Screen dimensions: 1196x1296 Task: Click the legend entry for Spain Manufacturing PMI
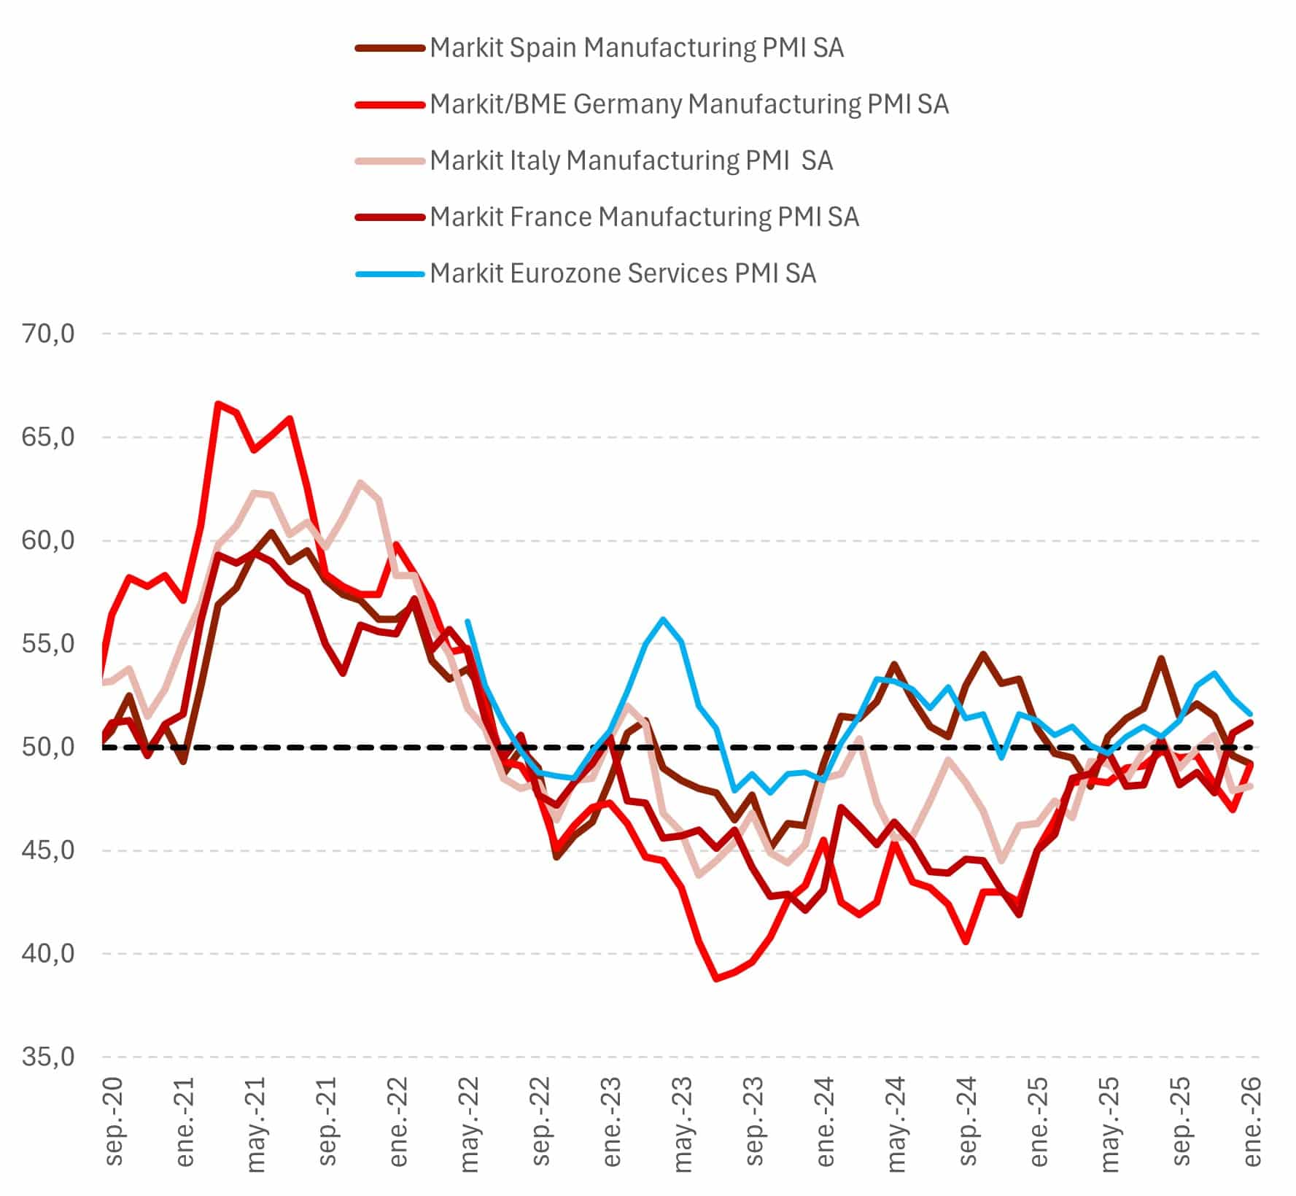pos(636,48)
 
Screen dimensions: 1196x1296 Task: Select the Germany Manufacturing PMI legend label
pos(688,104)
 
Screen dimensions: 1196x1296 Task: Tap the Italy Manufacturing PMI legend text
pos(631,160)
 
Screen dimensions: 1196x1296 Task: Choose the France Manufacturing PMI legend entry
pos(644,217)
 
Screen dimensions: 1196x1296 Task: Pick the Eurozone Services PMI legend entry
pos(622,273)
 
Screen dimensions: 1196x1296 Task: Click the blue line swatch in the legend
pos(389,274)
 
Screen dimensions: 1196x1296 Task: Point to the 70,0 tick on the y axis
pos(48,334)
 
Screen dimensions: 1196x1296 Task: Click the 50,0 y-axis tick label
pos(48,747)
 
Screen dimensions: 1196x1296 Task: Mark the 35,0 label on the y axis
pos(48,1057)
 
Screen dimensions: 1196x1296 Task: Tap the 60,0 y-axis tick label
pos(48,540)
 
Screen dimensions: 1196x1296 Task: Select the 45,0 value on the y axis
pos(48,850)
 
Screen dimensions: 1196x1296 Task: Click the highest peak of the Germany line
pos(218,403)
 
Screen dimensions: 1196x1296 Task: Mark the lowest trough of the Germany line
pos(716,979)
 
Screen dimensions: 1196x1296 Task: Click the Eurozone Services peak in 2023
pos(663,619)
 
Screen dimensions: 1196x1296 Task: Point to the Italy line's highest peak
pos(360,482)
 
